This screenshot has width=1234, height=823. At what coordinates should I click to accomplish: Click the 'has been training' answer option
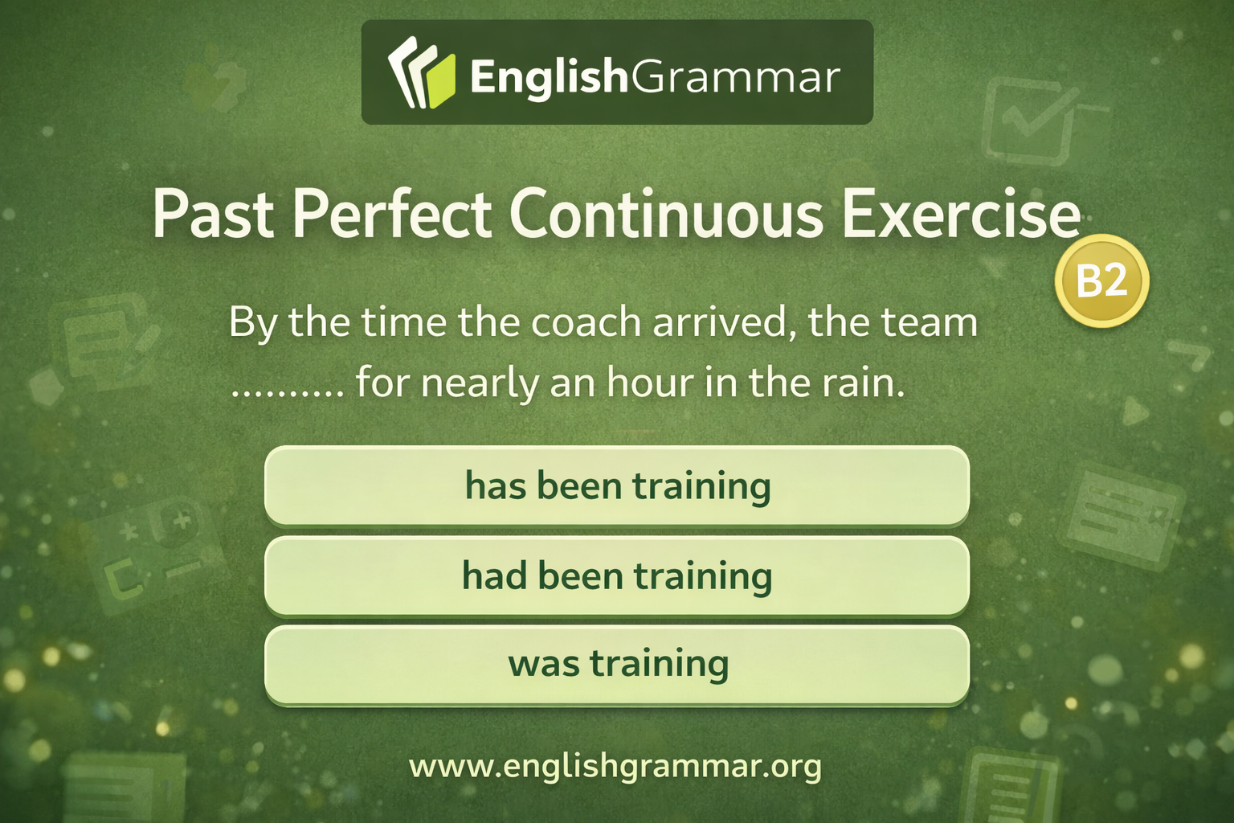click(x=617, y=486)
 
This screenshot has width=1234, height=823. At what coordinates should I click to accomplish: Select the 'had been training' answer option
click(x=617, y=576)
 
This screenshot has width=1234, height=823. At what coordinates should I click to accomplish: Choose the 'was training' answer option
click(x=617, y=665)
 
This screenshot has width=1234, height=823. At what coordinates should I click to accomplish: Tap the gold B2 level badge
click(x=1101, y=280)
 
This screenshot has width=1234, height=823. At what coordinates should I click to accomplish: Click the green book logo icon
click(x=421, y=73)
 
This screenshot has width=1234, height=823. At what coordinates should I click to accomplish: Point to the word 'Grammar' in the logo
click(x=736, y=77)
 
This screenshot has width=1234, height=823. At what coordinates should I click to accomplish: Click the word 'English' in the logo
click(x=548, y=77)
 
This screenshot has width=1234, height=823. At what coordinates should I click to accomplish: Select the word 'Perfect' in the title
click(x=392, y=215)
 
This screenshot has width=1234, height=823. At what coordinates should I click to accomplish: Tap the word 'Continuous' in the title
click(x=666, y=215)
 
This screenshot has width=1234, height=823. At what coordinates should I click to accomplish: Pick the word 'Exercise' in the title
click(x=961, y=215)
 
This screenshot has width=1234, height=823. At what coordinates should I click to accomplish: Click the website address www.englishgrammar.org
click(x=615, y=766)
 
